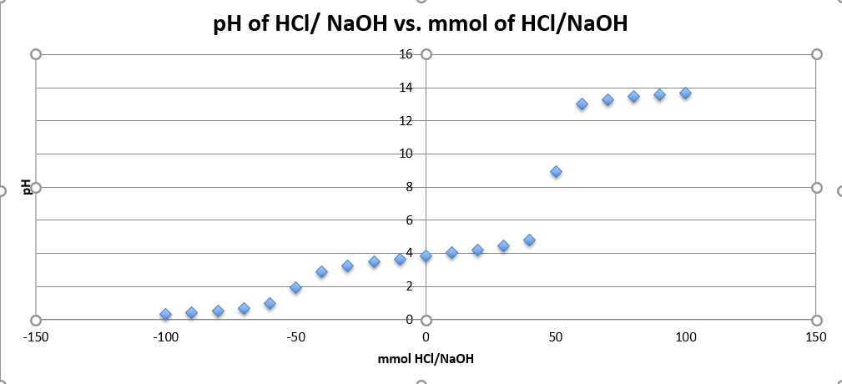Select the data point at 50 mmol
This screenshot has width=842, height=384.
(x=556, y=172)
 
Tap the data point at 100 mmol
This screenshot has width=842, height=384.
(x=685, y=93)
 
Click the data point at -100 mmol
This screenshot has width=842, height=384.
(x=165, y=315)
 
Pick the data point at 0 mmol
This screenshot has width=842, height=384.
(x=426, y=256)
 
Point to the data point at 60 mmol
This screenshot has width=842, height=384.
(x=582, y=104)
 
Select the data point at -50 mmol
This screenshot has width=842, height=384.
(x=295, y=288)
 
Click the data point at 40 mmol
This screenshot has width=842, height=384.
(x=529, y=240)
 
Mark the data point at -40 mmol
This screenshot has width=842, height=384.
(x=321, y=272)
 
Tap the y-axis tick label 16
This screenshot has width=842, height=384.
(x=406, y=54)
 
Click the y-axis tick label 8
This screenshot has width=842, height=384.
(x=409, y=187)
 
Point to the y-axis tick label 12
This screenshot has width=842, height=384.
(x=406, y=120)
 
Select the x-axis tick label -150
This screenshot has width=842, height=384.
(x=35, y=337)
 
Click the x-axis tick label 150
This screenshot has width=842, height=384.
(x=816, y=337)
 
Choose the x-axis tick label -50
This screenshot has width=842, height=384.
(x=295, y=337)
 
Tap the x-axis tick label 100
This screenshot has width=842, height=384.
(x=686, y=337)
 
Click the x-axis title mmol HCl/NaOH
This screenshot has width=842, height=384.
(x=426, y=360)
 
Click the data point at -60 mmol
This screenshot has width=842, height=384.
(x=270, y=304)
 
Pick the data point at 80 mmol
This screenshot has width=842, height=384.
(x=633, y=97)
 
